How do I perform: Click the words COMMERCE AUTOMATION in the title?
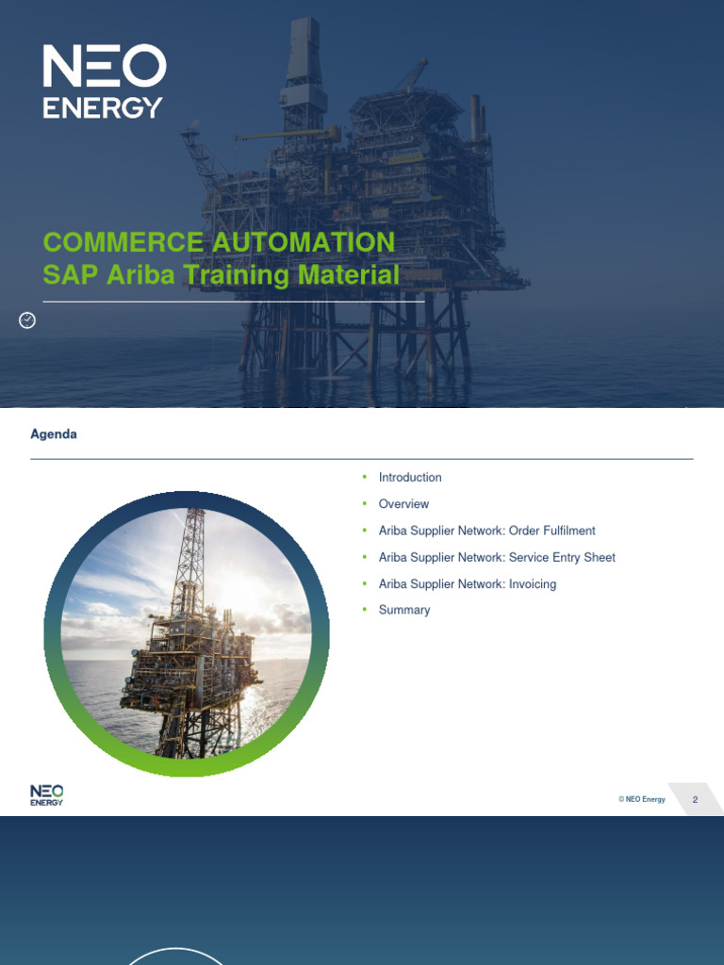coord(219,242)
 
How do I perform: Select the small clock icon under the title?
coord(27,320)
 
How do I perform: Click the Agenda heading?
coord(54,434)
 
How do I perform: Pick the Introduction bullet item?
coord(410,478)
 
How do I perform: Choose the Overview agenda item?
coord(403,504)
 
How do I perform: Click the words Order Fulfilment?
coord(551,531)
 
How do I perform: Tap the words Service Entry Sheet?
coord(562,557)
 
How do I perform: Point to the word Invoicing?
coord(533,584)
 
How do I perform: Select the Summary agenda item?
coord(404,610)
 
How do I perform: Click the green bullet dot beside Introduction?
coord(364,478)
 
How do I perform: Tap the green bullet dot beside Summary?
coord(364,610)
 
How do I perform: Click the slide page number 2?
coord(695,800)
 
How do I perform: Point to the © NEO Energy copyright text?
coord(642,800)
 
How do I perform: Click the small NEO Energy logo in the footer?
coord(47,795)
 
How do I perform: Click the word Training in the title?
coord(235,275)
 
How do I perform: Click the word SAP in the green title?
coord(71,275)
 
